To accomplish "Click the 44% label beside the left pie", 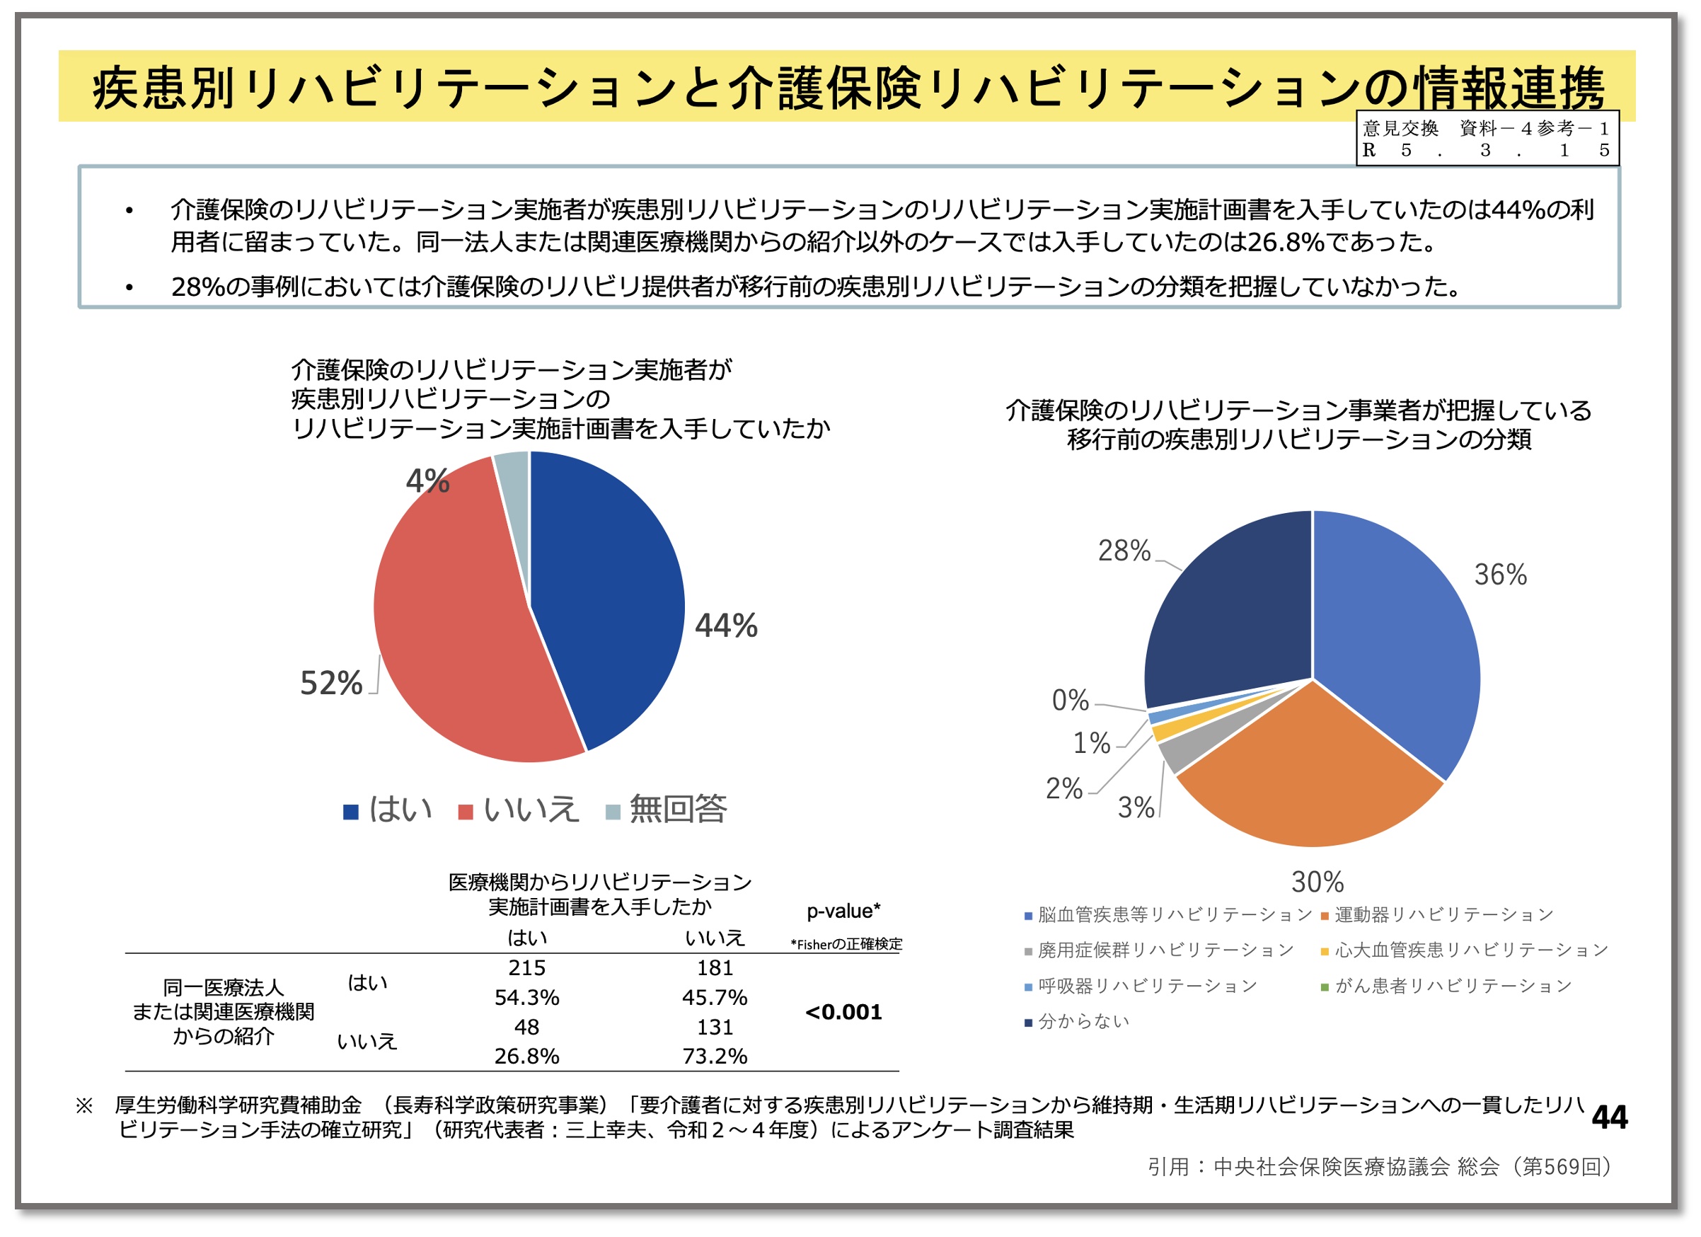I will point(725,626).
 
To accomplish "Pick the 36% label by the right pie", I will point(1500,575).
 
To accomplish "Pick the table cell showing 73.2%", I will point(715,1057).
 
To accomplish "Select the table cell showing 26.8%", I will point(526,1057).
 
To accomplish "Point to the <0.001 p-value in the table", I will point(843,1013).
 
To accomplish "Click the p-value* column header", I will point(843,911).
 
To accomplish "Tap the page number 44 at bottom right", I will point(1610,1117).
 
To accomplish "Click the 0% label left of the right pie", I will point(1071,701).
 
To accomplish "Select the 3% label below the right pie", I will point(1136,808).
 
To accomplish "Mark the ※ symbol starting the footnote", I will point(85,1105).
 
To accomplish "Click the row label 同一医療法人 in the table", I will point(224,988).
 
